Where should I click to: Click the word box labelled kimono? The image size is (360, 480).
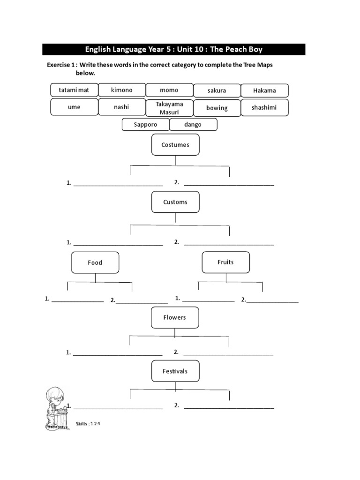tap(122, 90)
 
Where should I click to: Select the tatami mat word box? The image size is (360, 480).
tap(74, 90)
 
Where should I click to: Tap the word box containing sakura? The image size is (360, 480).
tap(217, 90)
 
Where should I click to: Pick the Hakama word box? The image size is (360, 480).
tap(264, 90)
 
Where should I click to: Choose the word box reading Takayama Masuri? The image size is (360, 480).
tap(169, 107)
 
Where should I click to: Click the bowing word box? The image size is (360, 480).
tap(217, 108)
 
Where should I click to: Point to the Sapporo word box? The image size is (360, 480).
tap(145, 125)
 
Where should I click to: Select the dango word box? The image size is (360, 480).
tap(193, 125)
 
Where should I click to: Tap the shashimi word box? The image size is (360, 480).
tap(264, 107)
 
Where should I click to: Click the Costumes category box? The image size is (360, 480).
tap(175, 145)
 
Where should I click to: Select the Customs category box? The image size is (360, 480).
tap(175, 202)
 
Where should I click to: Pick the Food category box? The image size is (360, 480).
tap(95, 262)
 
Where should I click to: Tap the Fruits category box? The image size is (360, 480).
tap(225, 262)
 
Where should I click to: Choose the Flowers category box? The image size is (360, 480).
tap(175, 317)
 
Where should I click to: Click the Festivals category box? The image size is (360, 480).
tap(175, 371)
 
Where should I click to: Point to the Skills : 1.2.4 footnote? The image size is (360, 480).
tap(88, 424)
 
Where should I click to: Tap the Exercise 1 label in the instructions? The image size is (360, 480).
tap(61, 65)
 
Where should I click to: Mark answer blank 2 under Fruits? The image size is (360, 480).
tap(272, 301)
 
